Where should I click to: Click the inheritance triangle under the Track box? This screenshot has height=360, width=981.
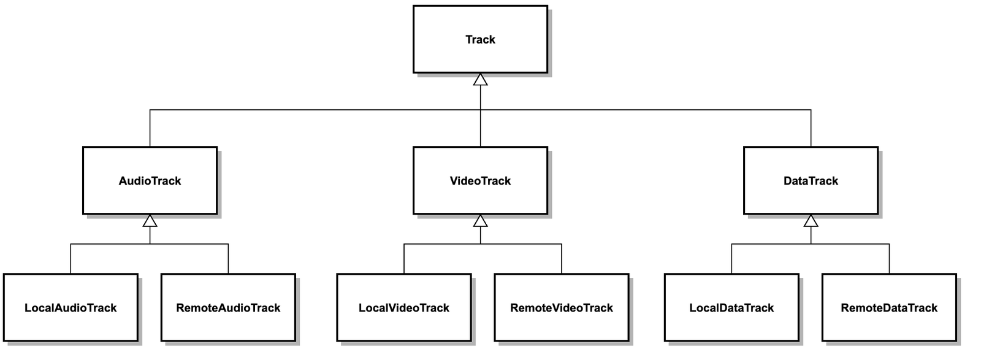tap(480, 80)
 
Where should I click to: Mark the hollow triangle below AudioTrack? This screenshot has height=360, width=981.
tap(150, 221)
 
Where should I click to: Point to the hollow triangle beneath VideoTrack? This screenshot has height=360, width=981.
tap(480, 221)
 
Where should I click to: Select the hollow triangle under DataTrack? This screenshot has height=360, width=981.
tap(811, 221)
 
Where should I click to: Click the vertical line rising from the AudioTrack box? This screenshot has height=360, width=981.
tap(150, 129)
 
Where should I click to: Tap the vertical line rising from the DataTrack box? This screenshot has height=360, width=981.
tap(811, 129)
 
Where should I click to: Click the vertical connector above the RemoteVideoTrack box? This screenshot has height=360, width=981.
tap(562, 259)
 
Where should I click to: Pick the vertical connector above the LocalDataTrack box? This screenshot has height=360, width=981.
tap(731, 259)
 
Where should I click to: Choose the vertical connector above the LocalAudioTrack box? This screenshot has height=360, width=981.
tap(71, 259)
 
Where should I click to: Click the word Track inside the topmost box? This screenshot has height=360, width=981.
tap(480, 39)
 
